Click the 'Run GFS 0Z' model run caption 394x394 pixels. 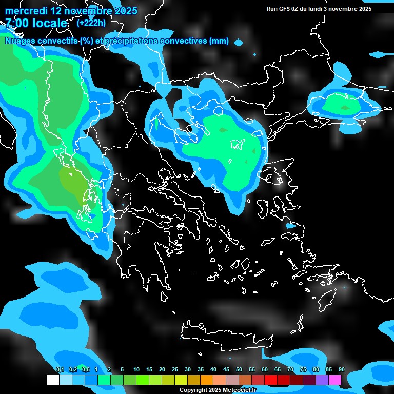tap(289, 9)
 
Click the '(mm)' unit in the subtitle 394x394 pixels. tap(219, 41)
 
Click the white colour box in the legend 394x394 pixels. tap(52, 380)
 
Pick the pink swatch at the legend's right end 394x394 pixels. tap(336, 380)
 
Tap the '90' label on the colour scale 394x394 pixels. tap(342, 369)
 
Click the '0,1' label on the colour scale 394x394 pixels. tap(60, 369)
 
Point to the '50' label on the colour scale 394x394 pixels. tap(239, 369)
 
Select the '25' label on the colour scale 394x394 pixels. tap(175, 369)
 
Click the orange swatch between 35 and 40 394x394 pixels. tap(207, 380)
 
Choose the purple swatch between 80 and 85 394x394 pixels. tap(323, 380)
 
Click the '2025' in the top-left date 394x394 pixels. tap(125, 11)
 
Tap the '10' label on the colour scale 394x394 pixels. tap(136, 369)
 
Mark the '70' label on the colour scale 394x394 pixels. tap(290, 369)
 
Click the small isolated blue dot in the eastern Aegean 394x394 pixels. tap(290, 226)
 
